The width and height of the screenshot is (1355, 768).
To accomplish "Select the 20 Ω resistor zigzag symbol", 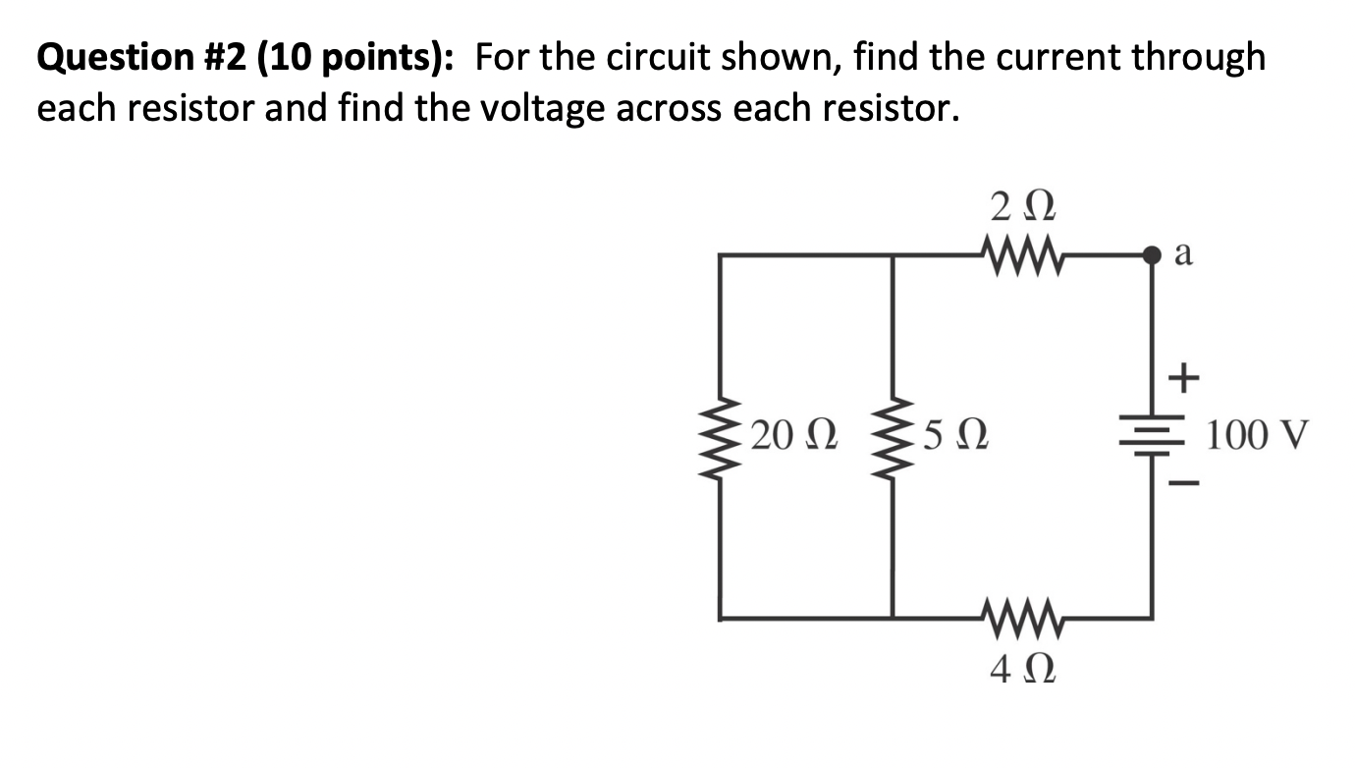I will point(723,436).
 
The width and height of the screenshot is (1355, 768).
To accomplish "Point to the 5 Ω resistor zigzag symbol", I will point(893,436).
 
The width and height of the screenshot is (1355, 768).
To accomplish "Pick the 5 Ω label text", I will point(954,435).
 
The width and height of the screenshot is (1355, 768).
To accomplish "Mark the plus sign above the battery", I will point(1186,377).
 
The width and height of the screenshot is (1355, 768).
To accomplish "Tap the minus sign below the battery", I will point(1186,484).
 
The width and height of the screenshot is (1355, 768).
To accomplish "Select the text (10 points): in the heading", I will point(352,59).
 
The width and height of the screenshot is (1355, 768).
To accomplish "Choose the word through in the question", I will point(1199,59).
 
